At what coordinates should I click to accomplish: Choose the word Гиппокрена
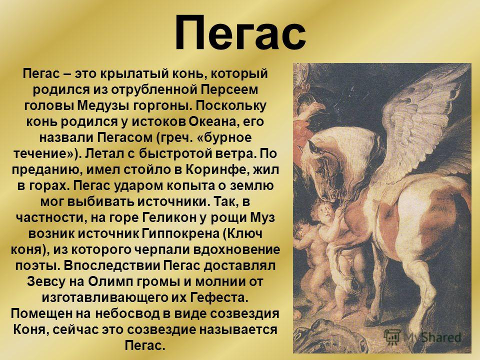(181, 233)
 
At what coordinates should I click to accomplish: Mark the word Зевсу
(46, 281)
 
